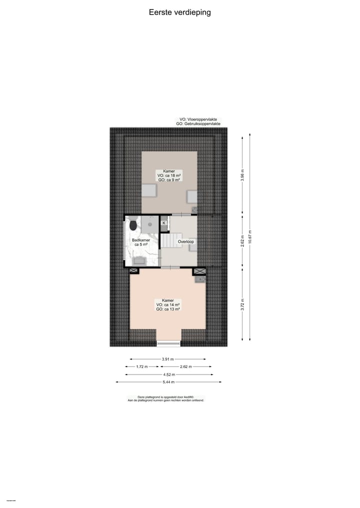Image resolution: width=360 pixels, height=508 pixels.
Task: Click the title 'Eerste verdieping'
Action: (x=179, y=12)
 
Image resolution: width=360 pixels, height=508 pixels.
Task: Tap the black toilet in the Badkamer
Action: (x=133, y=226)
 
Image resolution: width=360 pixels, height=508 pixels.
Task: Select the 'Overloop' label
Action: (x=186, y=241)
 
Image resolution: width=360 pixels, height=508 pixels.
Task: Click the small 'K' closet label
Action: (x=163, y=223)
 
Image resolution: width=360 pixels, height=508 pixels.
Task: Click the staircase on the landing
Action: (x=169, y=241)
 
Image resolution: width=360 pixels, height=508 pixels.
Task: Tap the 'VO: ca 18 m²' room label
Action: (x=169, y=176)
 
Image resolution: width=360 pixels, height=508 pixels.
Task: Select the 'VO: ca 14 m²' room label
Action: (x=167, y=305)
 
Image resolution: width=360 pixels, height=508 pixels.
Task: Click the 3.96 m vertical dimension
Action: (x=242, y=176)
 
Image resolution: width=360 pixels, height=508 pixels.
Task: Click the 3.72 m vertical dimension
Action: (x=242, y=303)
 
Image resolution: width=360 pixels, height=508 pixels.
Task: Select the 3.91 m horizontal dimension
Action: (x=168, y=359)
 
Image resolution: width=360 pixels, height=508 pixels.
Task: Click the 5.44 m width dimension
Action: (x=168, y=382)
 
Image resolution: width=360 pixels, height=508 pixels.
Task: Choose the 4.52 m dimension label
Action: (x=168, y=374)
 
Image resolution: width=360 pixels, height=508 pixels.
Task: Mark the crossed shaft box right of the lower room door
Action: (x=199, y=271)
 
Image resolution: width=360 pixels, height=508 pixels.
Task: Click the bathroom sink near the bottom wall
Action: (x=138, y=260)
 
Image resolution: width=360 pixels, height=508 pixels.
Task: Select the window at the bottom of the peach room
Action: (x=168, y=343)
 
